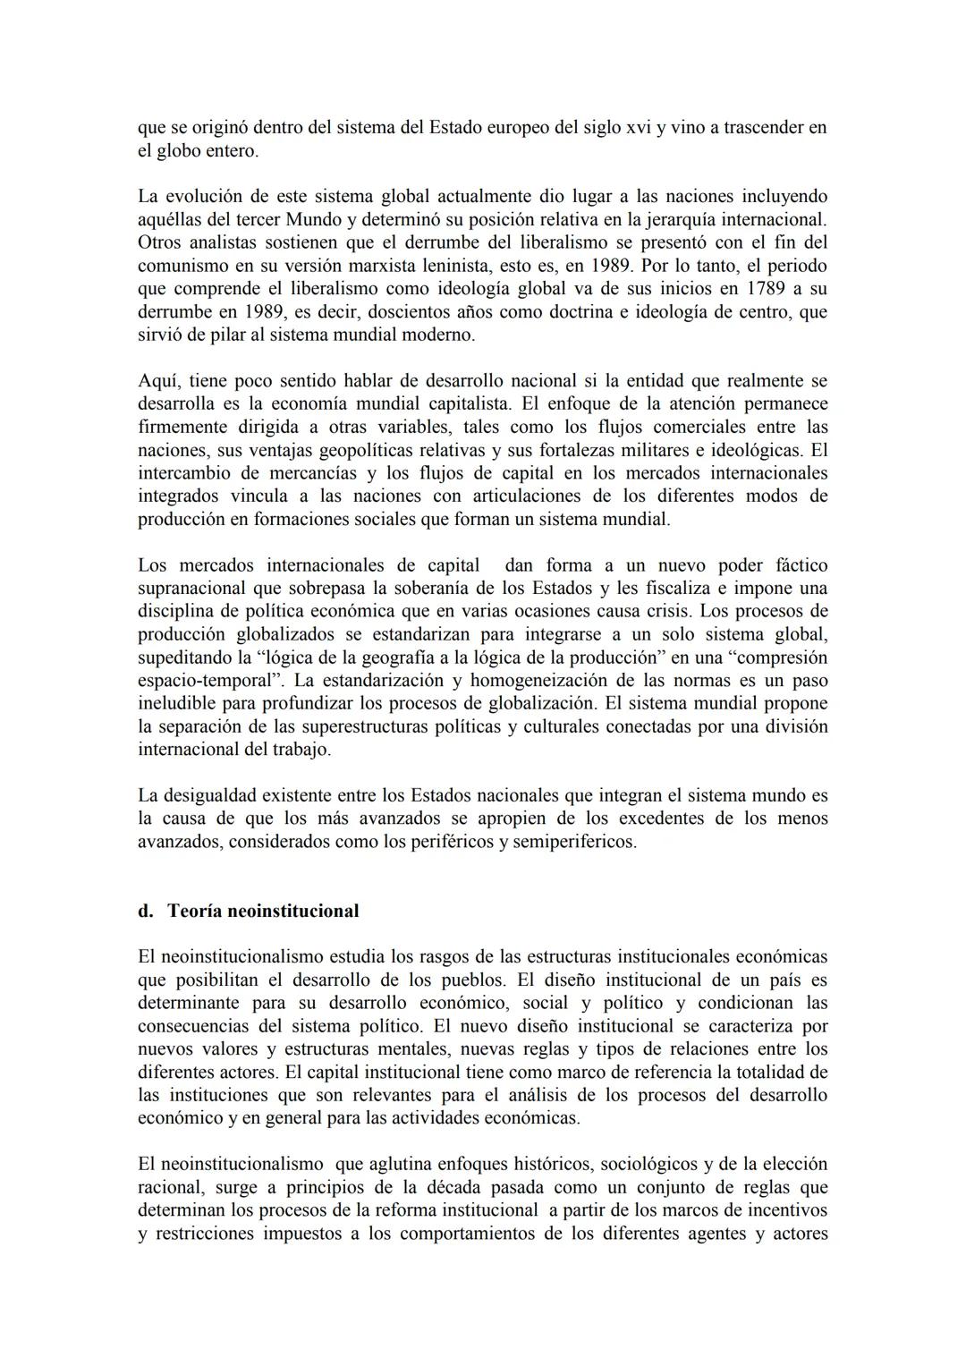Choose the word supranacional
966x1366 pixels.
[191, 589]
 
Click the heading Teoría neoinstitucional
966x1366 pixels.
[263, 911]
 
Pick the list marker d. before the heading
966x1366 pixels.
[145, 911]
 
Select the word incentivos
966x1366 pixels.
[782, 1210]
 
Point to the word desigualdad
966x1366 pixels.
[212, 795]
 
